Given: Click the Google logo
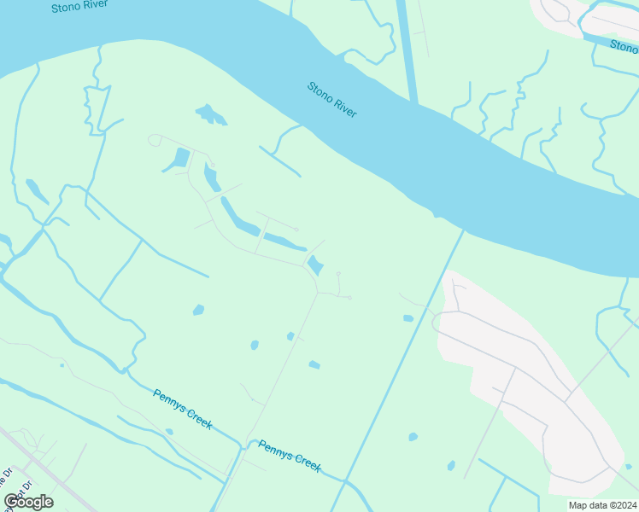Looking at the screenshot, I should [29, 501].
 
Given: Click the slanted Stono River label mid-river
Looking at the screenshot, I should [332, 99].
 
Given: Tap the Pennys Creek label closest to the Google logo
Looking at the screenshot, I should [183, 409].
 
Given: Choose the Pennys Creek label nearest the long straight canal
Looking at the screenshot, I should [290, 456].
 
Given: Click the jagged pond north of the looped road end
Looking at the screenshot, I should [211, 114].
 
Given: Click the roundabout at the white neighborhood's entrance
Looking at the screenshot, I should [438, 322].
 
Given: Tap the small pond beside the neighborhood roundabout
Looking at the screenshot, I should [408, 318].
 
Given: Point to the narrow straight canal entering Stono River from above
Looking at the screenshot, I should [407, 51].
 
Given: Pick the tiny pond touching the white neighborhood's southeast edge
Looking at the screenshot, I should [628, 466].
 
